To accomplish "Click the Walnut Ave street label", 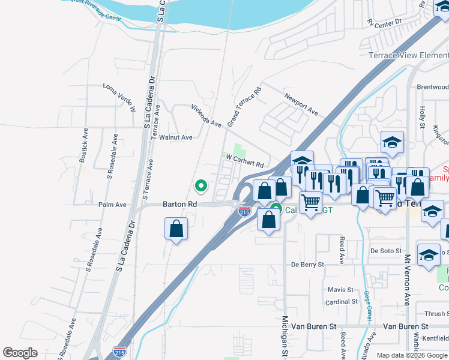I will point(175,137).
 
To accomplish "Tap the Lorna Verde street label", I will point(120,96).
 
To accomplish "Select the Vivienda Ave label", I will point(206,115).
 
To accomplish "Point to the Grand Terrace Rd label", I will point(244,106).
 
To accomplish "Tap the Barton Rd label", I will point(180,204).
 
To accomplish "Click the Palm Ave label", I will point(113,205).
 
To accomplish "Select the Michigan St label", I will point(285,336).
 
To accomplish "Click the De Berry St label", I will point(307,264).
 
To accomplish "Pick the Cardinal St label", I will point(342,302).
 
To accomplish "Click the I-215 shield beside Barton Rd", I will point(244,211).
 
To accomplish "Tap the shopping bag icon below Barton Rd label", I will point(176,228).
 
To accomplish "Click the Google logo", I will point(20,353).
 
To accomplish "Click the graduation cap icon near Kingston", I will point(392,142).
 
